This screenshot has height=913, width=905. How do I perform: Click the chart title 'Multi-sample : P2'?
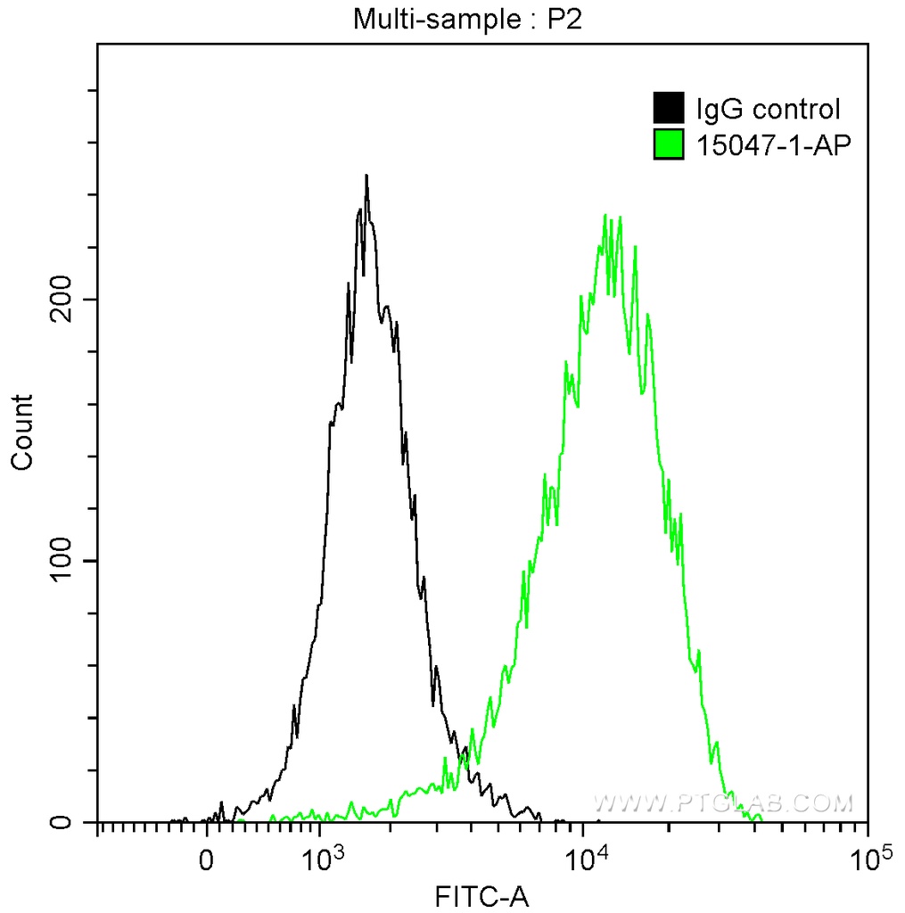[467, 18]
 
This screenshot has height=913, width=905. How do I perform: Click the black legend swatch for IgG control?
[668, 109]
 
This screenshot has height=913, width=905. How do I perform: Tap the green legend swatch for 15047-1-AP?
[668, 144]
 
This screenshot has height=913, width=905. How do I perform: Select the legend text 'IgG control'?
[768, 110]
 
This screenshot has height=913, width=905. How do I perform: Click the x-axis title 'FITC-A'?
[481, 895]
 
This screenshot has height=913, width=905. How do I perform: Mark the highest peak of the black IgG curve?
[366, 176]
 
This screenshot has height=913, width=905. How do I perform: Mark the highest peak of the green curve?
[606, 216]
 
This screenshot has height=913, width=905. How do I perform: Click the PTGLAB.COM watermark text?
[723, 804]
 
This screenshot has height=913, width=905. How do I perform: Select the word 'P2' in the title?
[564, 18]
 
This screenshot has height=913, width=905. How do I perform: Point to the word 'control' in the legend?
[795, 110]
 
